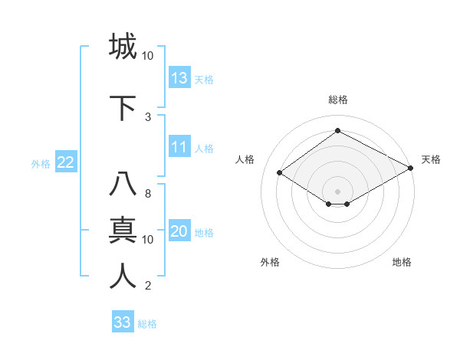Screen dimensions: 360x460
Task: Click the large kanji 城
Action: [123, 46]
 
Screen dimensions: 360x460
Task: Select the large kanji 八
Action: [123, 185]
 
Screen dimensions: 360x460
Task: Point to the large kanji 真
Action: [123, 230]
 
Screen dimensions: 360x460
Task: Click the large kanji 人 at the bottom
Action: [123, 276]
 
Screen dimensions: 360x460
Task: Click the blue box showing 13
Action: [179, 78]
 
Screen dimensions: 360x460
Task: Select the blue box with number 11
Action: [179, 147]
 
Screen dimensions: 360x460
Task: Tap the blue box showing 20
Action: [179, 232]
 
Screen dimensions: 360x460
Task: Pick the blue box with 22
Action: [65, 162]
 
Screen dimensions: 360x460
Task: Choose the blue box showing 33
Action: [123, 322]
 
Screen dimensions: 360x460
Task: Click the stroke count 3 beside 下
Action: [148, 116]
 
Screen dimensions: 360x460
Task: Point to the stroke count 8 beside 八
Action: [148, 194]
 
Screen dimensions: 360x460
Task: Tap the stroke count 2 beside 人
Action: [148, 286]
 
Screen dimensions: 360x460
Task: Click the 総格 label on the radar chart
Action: [337, 100]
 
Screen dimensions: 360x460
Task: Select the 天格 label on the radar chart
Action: [431, 159]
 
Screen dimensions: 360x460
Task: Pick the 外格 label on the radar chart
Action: [270, 262]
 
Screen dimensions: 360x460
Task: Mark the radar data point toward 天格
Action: [411, 168]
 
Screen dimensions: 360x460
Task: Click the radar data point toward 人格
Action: [279, 173]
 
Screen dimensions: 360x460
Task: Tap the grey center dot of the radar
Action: [337, 190]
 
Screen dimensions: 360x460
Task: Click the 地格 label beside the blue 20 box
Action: [204, 233]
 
